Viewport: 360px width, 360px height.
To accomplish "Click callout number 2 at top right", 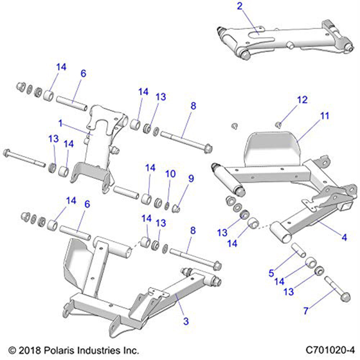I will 239,6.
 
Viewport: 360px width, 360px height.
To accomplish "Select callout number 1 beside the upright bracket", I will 61,123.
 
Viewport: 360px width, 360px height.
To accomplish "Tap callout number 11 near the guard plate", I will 325,116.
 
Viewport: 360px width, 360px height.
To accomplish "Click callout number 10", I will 170,174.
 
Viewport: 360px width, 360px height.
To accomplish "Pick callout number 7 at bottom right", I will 306,311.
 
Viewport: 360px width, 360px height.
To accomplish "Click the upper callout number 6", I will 84,74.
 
